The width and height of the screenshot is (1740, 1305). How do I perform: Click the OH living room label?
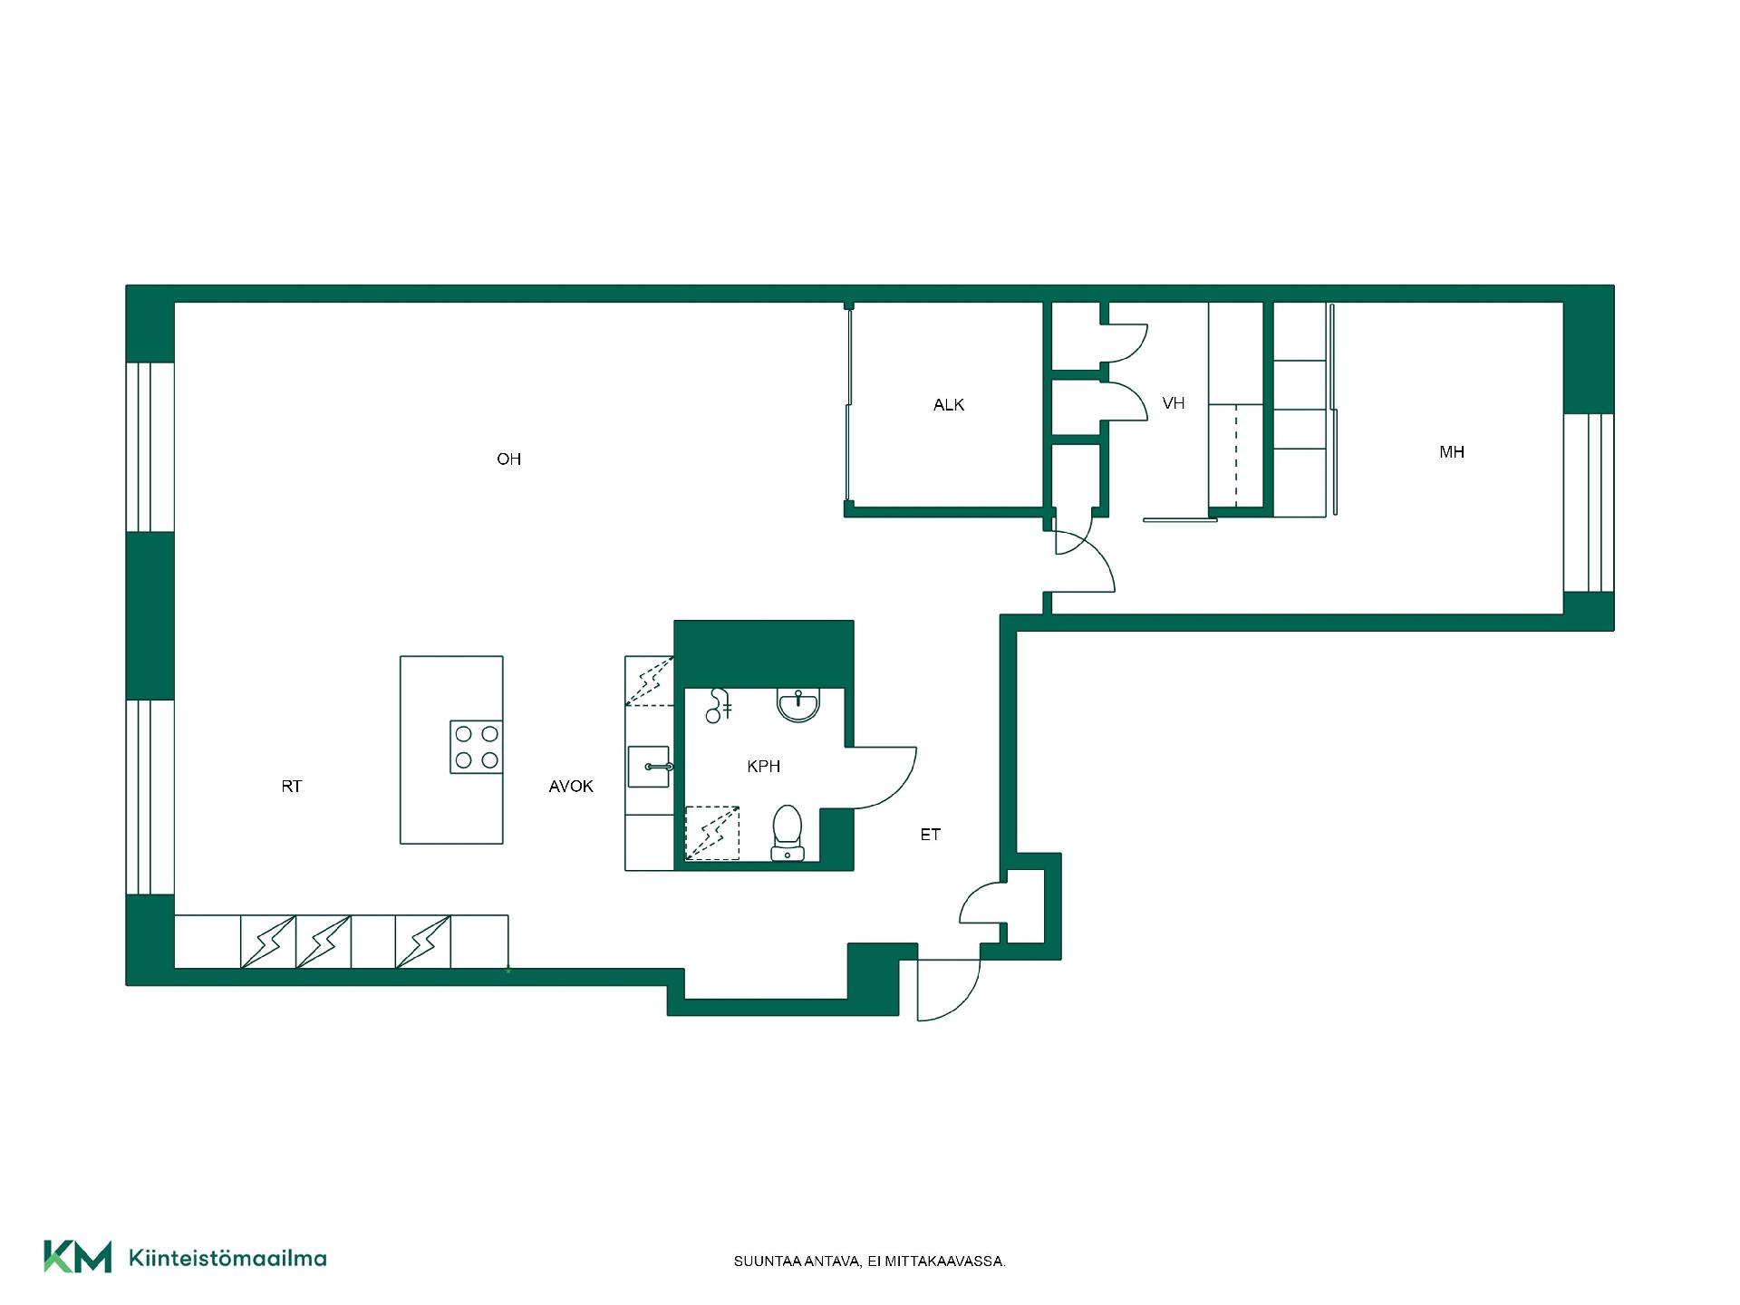[508, 459]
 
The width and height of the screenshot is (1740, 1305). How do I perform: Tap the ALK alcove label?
[949, 405]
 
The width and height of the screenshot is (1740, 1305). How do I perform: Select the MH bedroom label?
[1452, 452]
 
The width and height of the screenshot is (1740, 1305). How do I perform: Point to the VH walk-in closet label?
[1174, 403]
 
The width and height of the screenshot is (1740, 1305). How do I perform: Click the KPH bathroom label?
[763, 767]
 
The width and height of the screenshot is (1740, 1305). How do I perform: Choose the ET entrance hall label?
[931, 835]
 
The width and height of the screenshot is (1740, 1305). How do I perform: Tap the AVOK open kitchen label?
[571, 787]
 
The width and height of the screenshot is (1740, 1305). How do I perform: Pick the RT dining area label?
[291, 787]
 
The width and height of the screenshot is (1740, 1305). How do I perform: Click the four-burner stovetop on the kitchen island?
[477, 747]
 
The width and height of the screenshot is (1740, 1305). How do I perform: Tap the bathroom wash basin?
[798, 705]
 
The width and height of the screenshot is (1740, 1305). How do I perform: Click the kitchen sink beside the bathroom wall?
[649, 767]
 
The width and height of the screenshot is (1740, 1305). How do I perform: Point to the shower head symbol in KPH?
[719, 705]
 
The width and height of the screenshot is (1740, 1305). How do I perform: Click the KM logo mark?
[78, 1257]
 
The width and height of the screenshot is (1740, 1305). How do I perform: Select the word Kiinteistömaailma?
[228, 1259]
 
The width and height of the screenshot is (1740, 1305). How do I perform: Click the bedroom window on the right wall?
[1589, 503]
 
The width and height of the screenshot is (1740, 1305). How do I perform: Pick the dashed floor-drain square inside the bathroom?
[711, 833]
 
